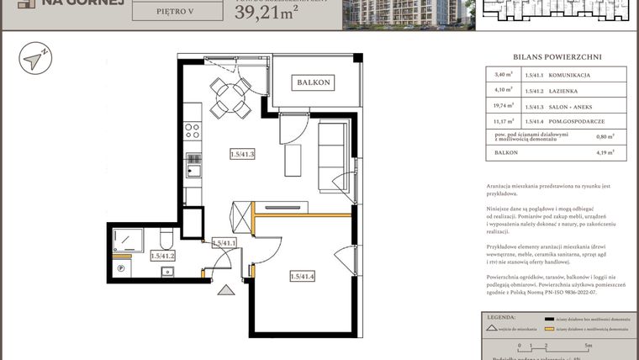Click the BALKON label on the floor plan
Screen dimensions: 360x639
pyautogui.click(x=313, y=82)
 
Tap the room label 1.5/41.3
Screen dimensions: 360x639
pyautogui.click(x=242, y=154)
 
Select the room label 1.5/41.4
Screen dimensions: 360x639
pyautogui.click(x=302, y=276)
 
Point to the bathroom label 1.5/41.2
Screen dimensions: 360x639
pyautogui.click(x=162, y=256)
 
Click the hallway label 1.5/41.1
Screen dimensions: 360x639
pyautogui.click(x=224, y=243)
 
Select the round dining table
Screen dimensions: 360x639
pyautogui.click(x=227, y=100)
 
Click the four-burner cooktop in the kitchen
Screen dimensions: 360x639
pyautogui.click(x=193, y=130)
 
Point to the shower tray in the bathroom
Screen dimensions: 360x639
pyautogui.click(x=129, y=239)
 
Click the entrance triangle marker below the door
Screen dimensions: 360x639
pyautogui.click(x=226, y=291)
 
